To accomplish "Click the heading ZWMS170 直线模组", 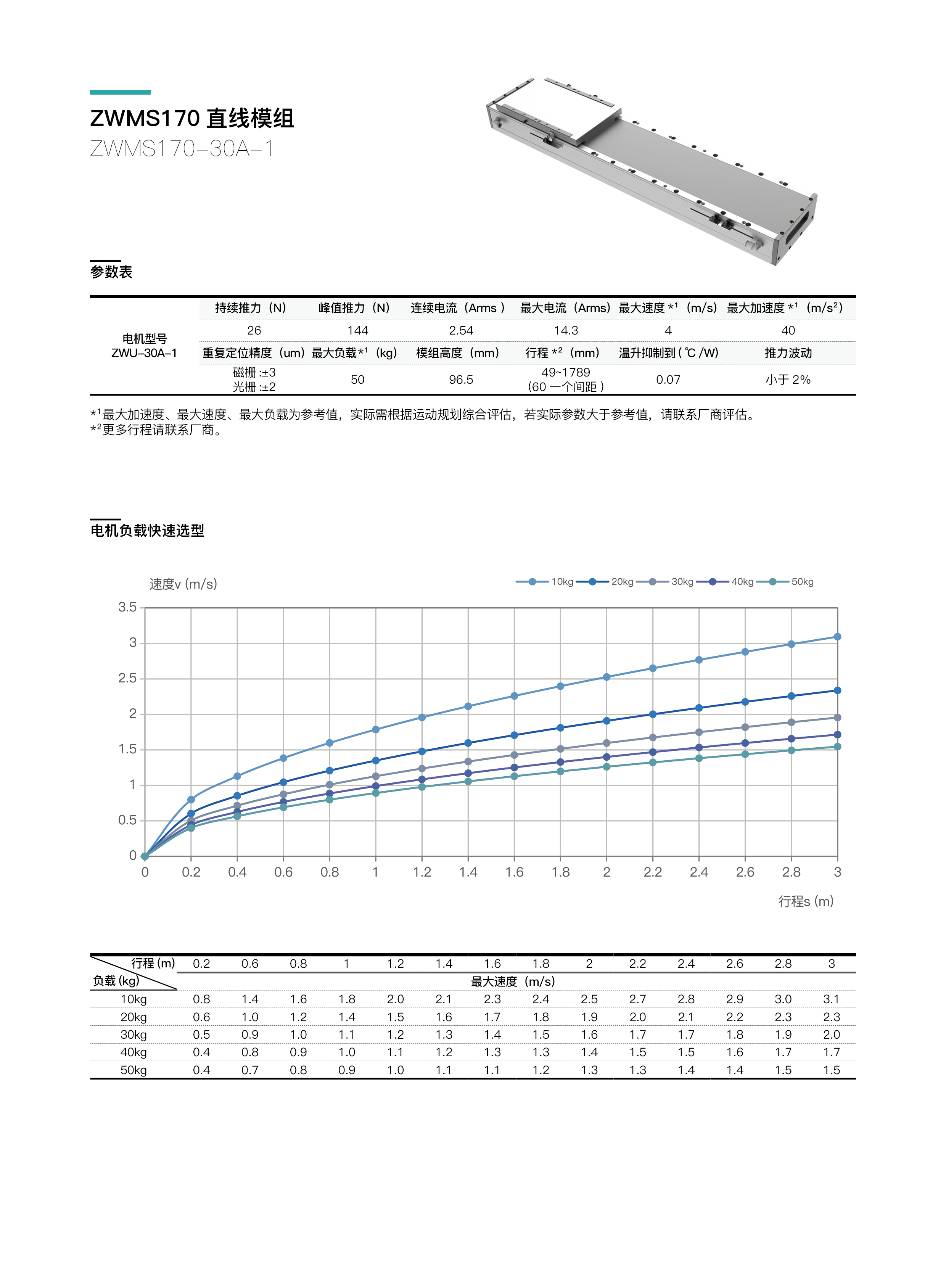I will pos(192,119).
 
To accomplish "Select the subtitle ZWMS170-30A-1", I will pos(182,149).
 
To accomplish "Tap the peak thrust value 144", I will pos(357,330).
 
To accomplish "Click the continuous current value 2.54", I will pos(461,330).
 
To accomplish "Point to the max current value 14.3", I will pos(566,330).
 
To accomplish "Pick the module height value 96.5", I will pos(461,380).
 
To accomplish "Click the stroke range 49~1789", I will pos(566,372).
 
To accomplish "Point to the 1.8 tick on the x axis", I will pos(561,872).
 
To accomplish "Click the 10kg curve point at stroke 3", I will pos(837,637).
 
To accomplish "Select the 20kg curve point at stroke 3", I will pos(837,691).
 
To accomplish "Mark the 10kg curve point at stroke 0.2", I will pos(191,800).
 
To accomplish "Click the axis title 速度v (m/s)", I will pos(183,584).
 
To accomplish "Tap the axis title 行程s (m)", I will pos(806,901).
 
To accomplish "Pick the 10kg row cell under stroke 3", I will pos(832,999).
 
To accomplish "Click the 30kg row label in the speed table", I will pos(134,1035).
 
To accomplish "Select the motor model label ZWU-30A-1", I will pos(144,353).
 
